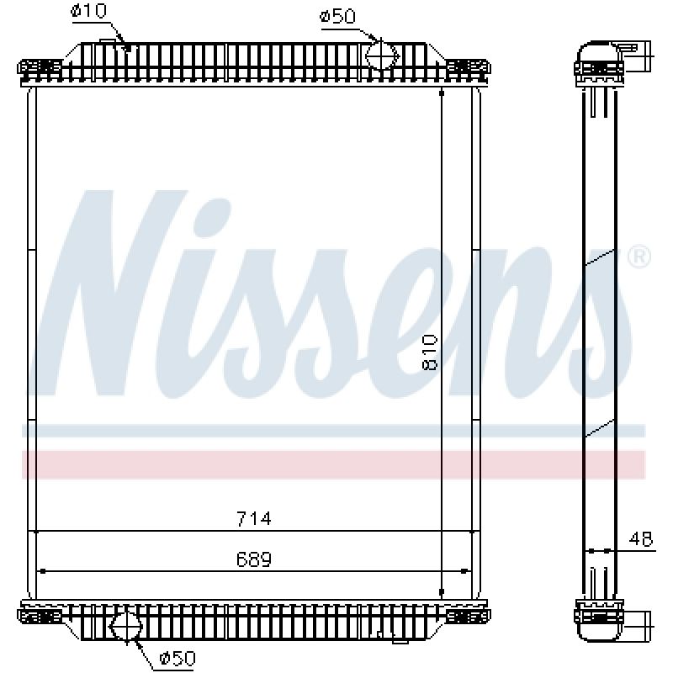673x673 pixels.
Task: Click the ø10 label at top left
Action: pyautogui.click(x=88, y=11)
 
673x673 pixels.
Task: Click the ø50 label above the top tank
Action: pyautogui.click(x=338, y=17)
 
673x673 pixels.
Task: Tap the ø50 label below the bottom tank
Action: pyautogui.click(x=178, y=658)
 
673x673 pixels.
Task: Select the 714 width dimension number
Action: pyautogui.click(x=254, y=518)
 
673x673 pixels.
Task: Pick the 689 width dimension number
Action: pyautogui.click(x=254, y=559)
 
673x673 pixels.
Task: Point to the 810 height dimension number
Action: pyautogui.click(x=430, y=352)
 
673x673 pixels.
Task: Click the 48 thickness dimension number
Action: pyautogui.click(x=641, y=538)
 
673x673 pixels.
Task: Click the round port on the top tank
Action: pyautogui.click(x=382, y=56)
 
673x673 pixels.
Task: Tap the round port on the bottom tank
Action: pyautogui.click(x=126, y=627)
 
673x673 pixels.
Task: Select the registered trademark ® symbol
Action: pyautogui.click(x=639, y=257)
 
